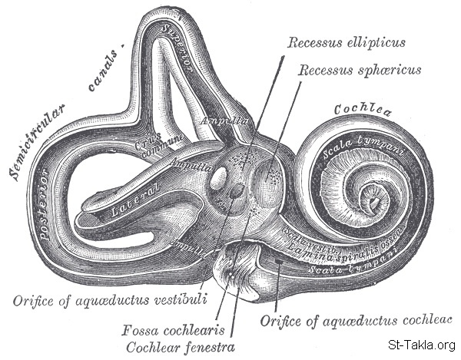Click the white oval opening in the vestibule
click(219, 180)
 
